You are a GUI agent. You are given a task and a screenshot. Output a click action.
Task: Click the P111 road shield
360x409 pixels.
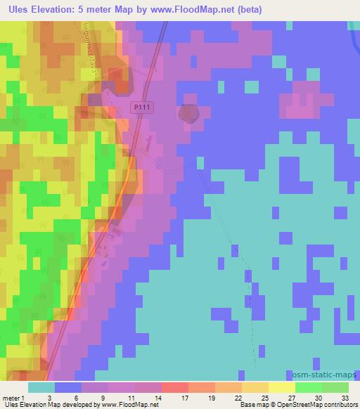(143, 106)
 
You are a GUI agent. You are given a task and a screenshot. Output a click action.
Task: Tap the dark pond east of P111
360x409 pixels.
(188, 114)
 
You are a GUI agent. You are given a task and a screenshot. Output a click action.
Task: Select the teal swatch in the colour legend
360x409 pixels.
(41, 388)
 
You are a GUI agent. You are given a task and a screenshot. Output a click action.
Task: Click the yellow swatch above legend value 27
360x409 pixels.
(281, 388)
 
